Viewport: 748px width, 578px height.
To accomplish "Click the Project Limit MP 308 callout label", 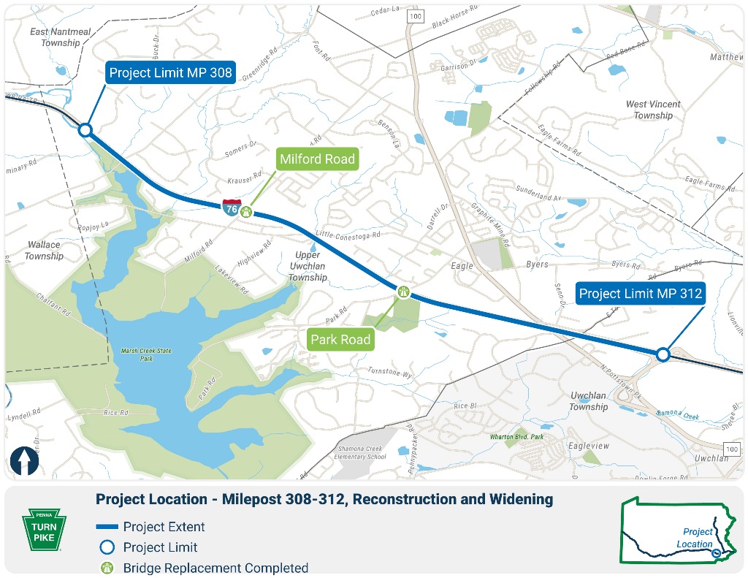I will (x=170, y=72).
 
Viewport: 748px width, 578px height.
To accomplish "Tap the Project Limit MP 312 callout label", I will (x=641, y=294).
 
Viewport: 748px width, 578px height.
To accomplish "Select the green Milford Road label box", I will (x=317, y=159).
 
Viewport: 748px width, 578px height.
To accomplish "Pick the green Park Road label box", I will (x=340, y=339).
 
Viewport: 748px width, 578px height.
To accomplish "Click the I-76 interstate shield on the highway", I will (x=232, y=208).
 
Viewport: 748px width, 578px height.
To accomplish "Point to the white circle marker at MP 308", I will (x=85, y=130).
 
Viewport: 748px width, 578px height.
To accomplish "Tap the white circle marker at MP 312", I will (x=663, y=354).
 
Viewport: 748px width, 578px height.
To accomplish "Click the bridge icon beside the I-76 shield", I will (x=248, y=212).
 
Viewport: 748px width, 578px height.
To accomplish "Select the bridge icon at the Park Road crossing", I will (x=403, y=292).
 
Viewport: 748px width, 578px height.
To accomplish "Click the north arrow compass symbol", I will (x=24, y=462).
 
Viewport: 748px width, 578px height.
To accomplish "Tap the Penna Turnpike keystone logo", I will (x=44, y=528).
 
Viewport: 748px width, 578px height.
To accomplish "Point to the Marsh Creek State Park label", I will (x=147, y=355).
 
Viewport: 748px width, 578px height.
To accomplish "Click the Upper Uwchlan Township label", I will (x=308, y=266).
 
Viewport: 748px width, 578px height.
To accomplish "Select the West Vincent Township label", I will (x=652, y=110).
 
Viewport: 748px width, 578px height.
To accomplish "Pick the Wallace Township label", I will (x=44, y=251).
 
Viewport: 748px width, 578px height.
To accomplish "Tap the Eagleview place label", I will (x=588, y=444).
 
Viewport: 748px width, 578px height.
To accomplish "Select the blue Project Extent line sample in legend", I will (x=107, y=527).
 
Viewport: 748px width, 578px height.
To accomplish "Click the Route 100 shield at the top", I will (x=415, y=15).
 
